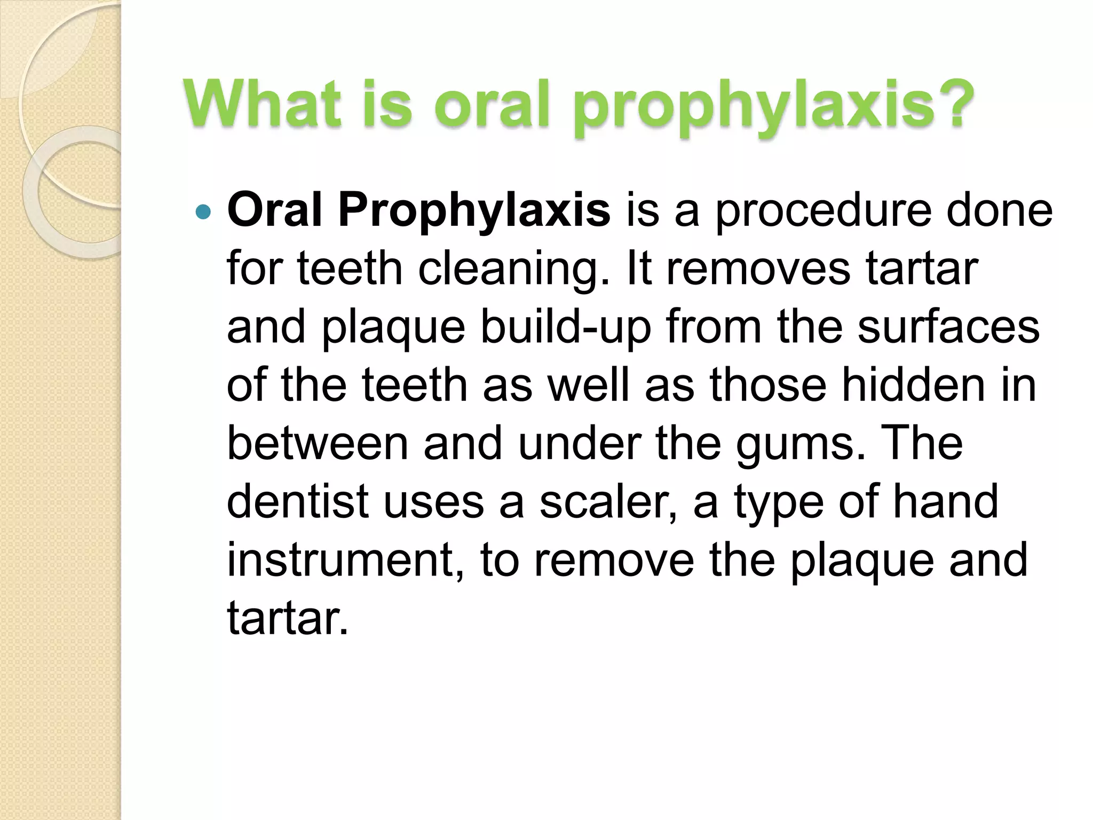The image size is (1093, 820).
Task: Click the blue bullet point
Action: pyautogui.click(x=203, y=212)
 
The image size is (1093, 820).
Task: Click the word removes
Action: pyautogui.click(x=758, y=269)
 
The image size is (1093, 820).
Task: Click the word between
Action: pyautogui.click(x=318, y=443)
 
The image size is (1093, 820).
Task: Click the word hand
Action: pyautogui.click(x=945, y=501)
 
